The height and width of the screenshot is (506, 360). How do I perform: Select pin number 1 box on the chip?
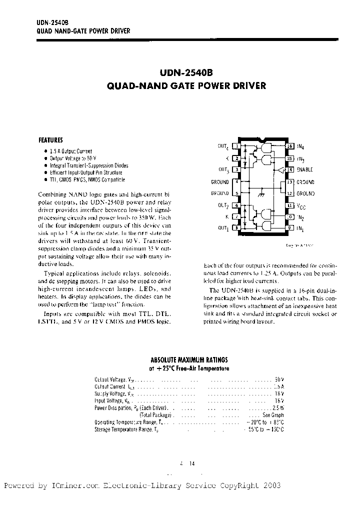tap(236, 146)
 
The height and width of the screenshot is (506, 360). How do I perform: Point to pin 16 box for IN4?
tap(289, 146)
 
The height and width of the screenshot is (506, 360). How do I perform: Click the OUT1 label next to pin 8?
tap(223, 228)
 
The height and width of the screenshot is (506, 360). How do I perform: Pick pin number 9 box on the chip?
tap(289, 228)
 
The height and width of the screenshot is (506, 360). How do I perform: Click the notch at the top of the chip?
tap(263, 138)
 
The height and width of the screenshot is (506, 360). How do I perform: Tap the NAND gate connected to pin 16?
tap(267, 148)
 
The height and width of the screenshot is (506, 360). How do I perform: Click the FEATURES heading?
tap(51, 140)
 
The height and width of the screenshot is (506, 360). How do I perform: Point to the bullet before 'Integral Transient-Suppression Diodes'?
tap(46, 165)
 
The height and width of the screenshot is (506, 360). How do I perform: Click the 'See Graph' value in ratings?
tap(273, 415)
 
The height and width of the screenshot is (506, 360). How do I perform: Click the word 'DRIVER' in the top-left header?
tap(118, 31)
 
